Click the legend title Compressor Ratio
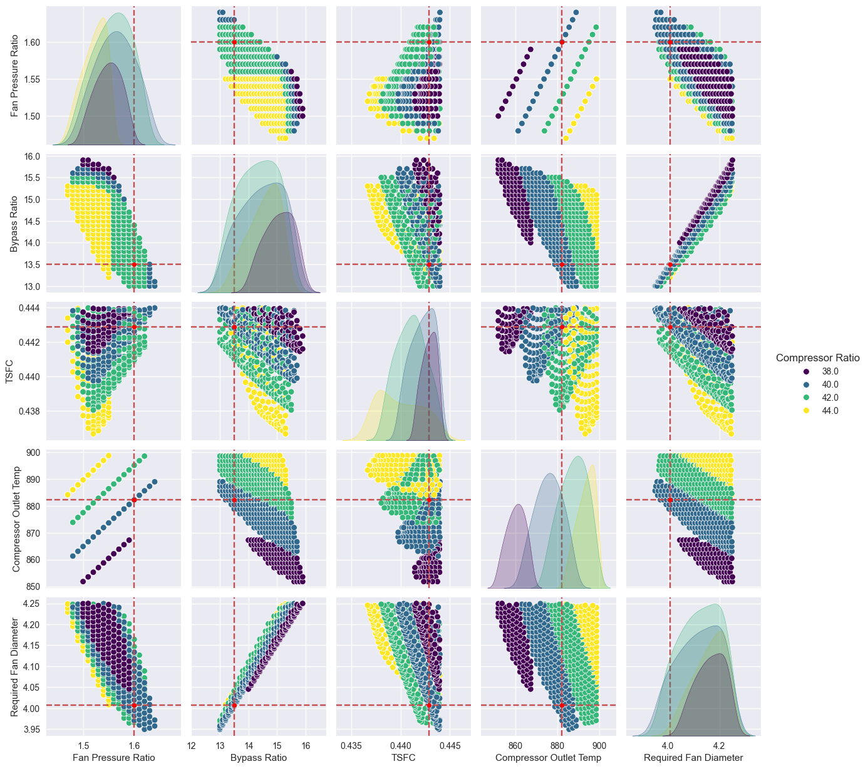click(817, 358)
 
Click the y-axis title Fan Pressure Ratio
click(16, 76)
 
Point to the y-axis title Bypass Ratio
click(16, 224)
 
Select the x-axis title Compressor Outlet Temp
click(548, 758)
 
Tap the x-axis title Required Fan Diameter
click(693, 758)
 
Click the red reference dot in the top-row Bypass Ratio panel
click(234, 42)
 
